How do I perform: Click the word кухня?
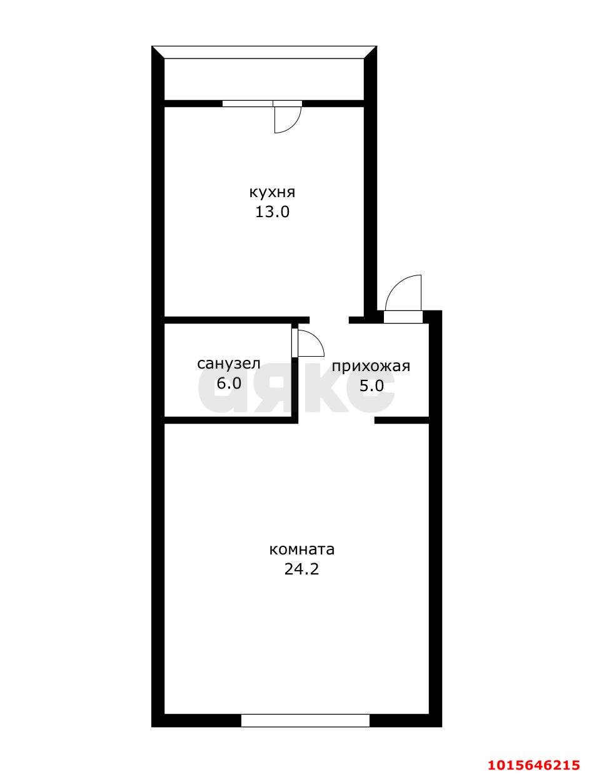click(272, 192)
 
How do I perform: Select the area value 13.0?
click(272, 212)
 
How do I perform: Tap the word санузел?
click(228, 364)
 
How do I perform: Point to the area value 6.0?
click(228, 383)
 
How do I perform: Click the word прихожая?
click(371, 366)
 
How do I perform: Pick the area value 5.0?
click(371, 385)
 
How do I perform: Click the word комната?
click(302, 549)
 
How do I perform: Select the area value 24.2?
click(302, 569)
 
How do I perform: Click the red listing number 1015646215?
click(534, 765)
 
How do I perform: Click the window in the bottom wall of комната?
click(305, 720)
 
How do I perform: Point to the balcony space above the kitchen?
click(264, 79)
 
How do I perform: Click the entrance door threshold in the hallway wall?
click(403, 317)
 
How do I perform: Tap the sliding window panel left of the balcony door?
click(248, 103)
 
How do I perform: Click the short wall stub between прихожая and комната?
click(401, 420)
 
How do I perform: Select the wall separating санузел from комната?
click(230, 420)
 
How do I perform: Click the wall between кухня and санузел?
click(236, 320)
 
